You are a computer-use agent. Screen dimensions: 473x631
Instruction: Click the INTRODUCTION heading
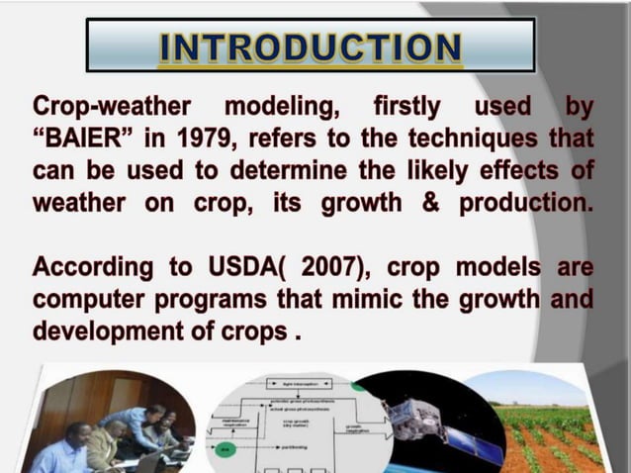[310, 47]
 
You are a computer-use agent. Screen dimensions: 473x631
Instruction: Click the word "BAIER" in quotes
[80, 137]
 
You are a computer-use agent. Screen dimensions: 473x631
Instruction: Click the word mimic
[351, 299]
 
